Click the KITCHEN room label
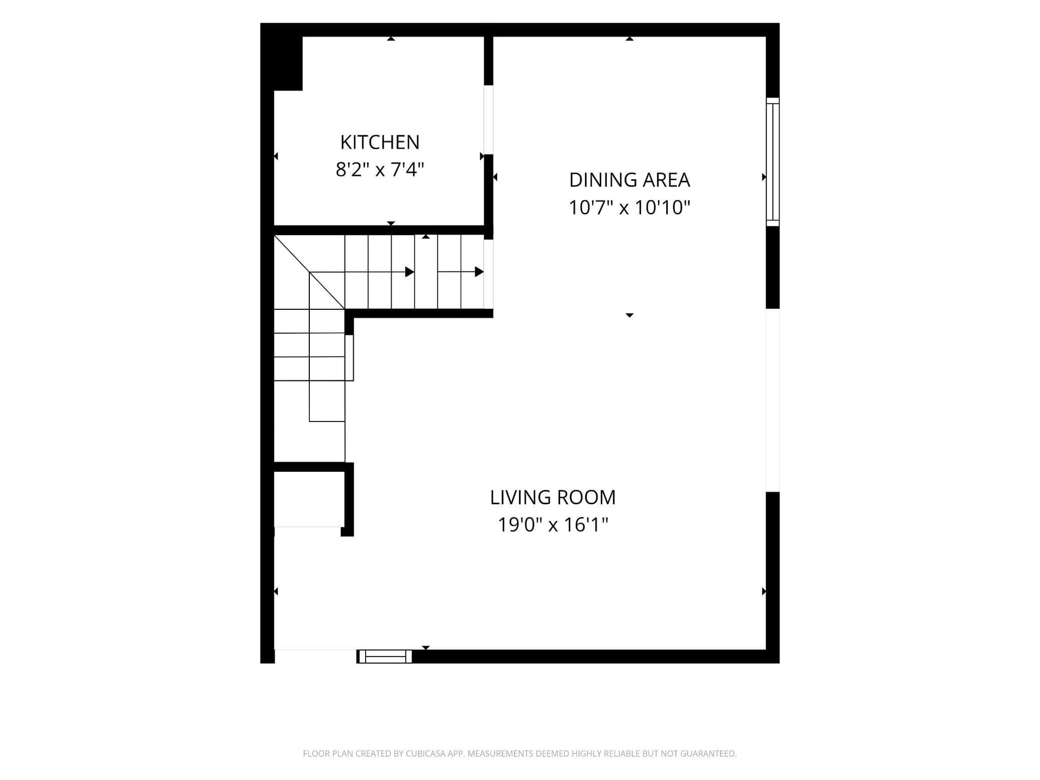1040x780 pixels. point(380,142)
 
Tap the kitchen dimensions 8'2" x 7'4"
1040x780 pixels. point(380,170)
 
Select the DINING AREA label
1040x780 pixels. point(629,180)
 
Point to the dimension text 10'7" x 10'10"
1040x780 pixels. point(629,207)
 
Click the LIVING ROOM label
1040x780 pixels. point(553,497)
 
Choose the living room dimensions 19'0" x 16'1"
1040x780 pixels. point(553,525)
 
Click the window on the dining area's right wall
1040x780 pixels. point(773,162)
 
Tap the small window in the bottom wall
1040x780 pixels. point(385,656)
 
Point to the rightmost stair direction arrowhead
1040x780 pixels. point(479,272)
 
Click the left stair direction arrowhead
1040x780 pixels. point(410,272)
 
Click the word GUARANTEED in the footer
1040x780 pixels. point(710,753)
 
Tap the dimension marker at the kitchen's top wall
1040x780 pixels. point(391,38)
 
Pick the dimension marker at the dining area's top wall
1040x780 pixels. point(629,38)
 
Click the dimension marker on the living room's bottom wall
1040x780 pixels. point(426,648)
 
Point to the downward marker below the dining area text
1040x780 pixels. point(629,315)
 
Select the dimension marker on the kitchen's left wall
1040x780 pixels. point(276,157)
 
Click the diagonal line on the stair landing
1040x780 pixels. point(309,272)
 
